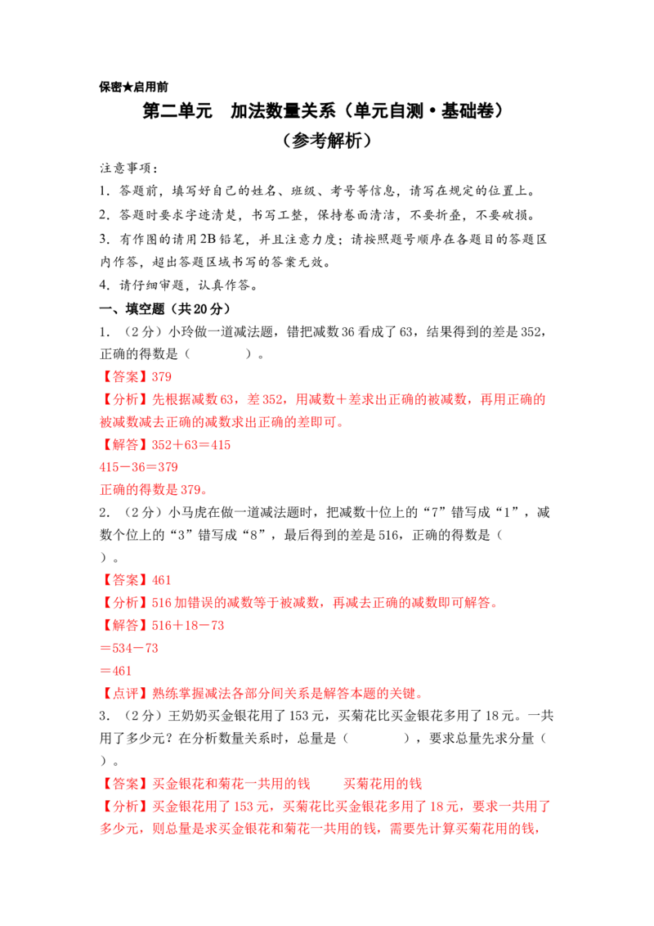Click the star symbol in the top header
(x=128, y=88)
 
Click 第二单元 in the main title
(x=177, y=110)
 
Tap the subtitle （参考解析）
(x=327, y=140)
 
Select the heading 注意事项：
(x=129, y=169)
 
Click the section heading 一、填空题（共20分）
(x=164, y=309)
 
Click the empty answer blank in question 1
(x=217, y=354)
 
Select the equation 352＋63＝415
(x=191, y=445)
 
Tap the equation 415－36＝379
(x=139, y=467)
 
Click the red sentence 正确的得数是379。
(x=154, y=489)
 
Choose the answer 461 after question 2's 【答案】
(x=161, y=580)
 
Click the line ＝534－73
(x=129, y=648)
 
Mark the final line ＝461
(x=116, y=671)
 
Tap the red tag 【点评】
(x=126, y=694)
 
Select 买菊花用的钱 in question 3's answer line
(x=383, y=784)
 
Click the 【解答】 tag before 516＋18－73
(x=126, y=626)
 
